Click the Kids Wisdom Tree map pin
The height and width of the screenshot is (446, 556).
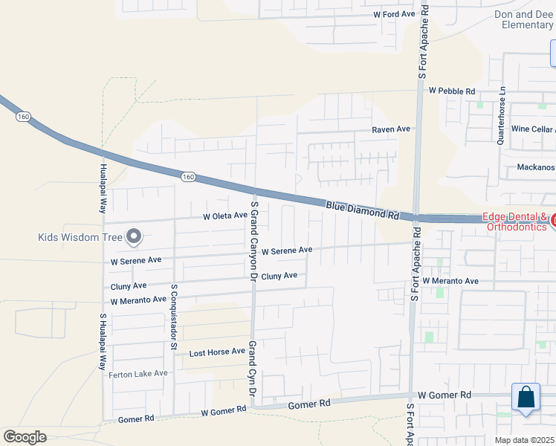click(134, 236)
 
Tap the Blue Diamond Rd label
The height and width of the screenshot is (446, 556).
click(361, 210)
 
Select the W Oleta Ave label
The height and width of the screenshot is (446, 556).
click(225, 216)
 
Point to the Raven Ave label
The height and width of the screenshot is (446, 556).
click(391, 129)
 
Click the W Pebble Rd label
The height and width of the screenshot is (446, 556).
click(452, 91)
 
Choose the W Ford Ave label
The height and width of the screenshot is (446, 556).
click(394, 14)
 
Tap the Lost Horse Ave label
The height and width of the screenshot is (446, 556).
click(217, 352)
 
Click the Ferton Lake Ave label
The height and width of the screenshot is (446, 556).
click(138, 374)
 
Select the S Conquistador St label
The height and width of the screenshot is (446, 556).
click(174, 316)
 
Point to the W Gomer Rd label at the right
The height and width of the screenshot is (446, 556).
click(445, 395)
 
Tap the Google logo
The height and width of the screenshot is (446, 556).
click(25, 437)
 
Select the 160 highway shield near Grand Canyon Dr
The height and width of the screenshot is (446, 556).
click(188, 177)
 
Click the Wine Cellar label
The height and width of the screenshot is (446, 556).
click(532, 129)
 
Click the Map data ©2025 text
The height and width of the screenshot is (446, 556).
click(524, 440)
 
